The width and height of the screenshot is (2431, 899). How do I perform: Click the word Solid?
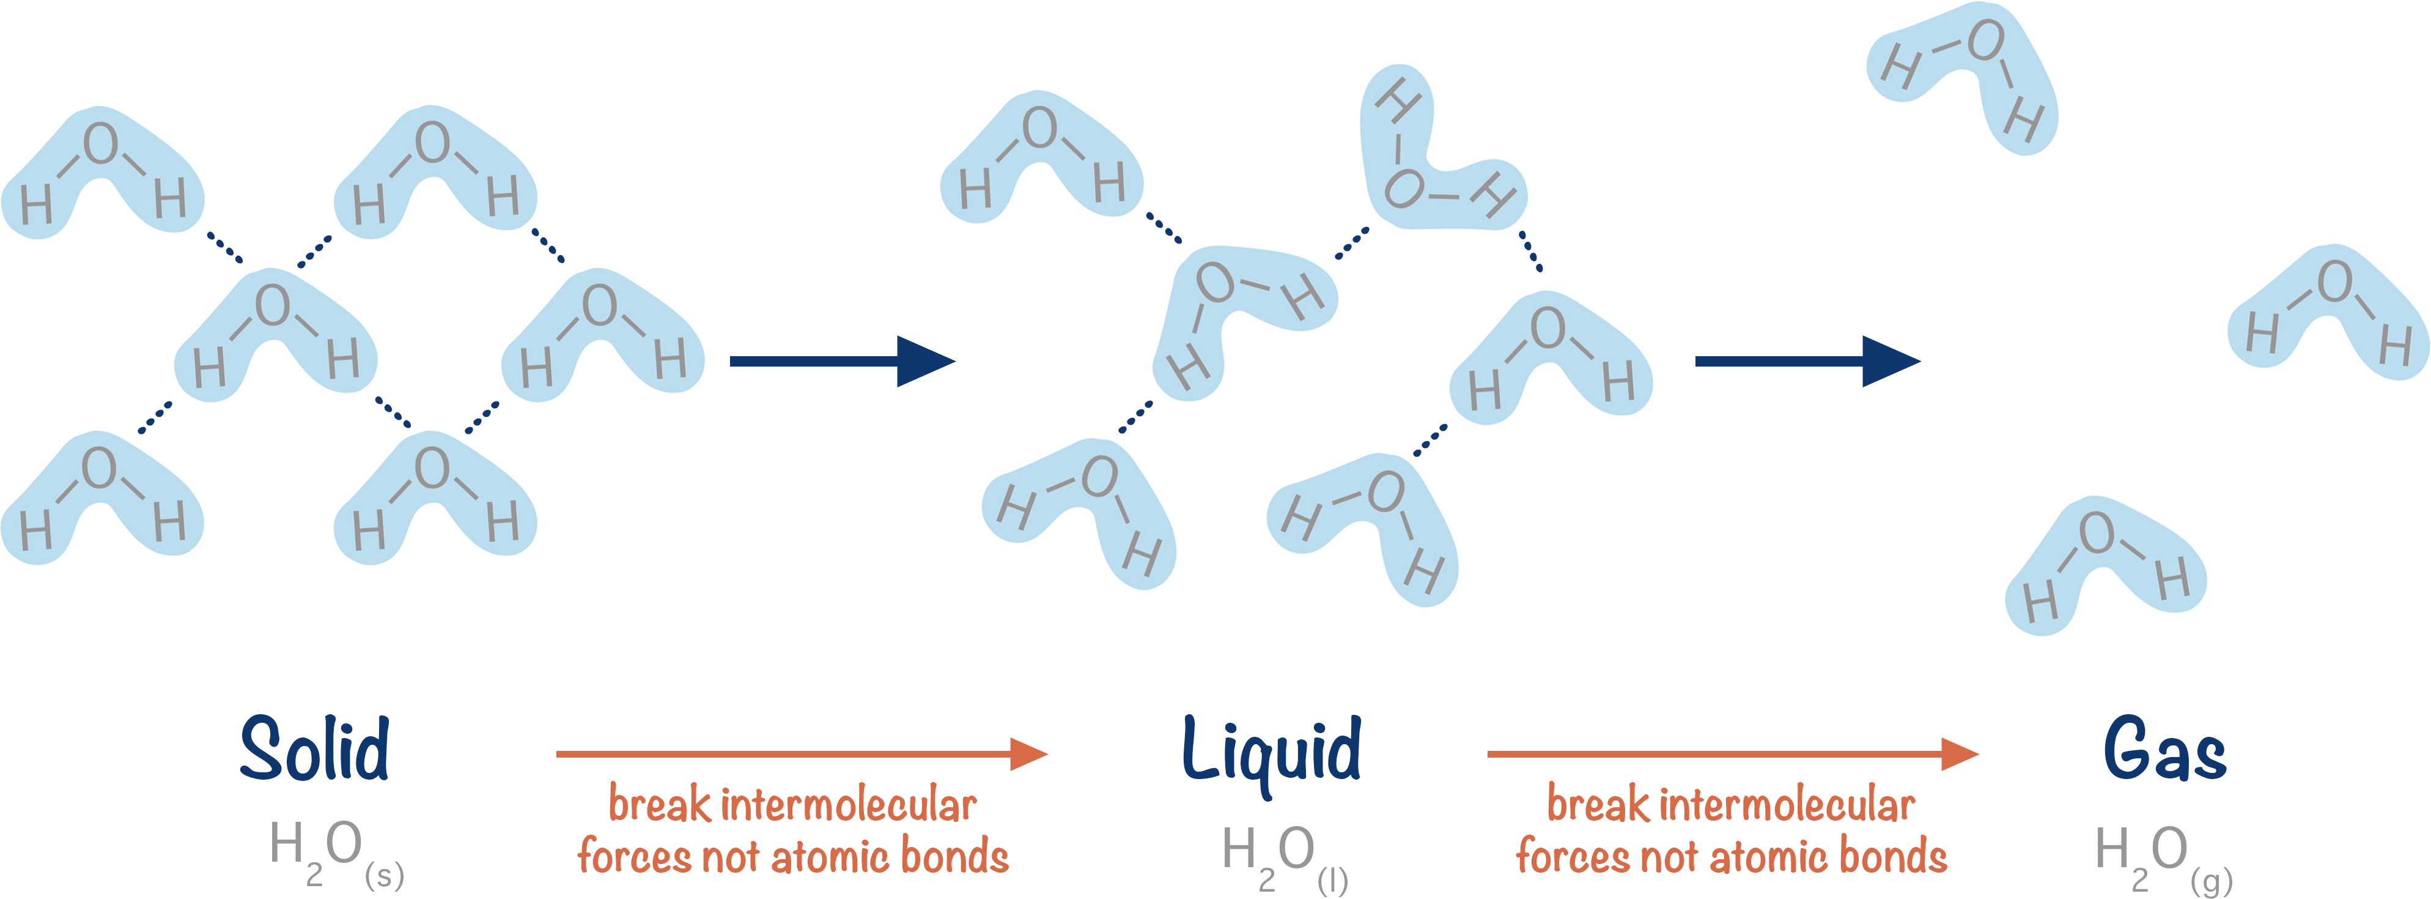tap(314, 749)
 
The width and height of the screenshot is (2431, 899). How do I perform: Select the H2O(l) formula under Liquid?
tap(1283, 857)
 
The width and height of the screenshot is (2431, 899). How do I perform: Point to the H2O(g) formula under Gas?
tap(2161, 857)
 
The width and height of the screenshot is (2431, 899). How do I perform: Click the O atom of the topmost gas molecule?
tap(1985, 40)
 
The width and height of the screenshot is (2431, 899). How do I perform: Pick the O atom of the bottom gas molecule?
tap(2097, 534)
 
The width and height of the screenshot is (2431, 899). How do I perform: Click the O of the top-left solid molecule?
tap(100, 144)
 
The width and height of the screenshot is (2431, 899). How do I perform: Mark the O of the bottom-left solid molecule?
tap(99, 468)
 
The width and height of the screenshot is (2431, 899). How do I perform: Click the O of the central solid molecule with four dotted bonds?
tap(273, 305)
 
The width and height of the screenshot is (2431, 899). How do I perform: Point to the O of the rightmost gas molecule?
tap(2335, 282)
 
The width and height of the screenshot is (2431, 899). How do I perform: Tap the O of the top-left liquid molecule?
tap(1039, 127)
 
